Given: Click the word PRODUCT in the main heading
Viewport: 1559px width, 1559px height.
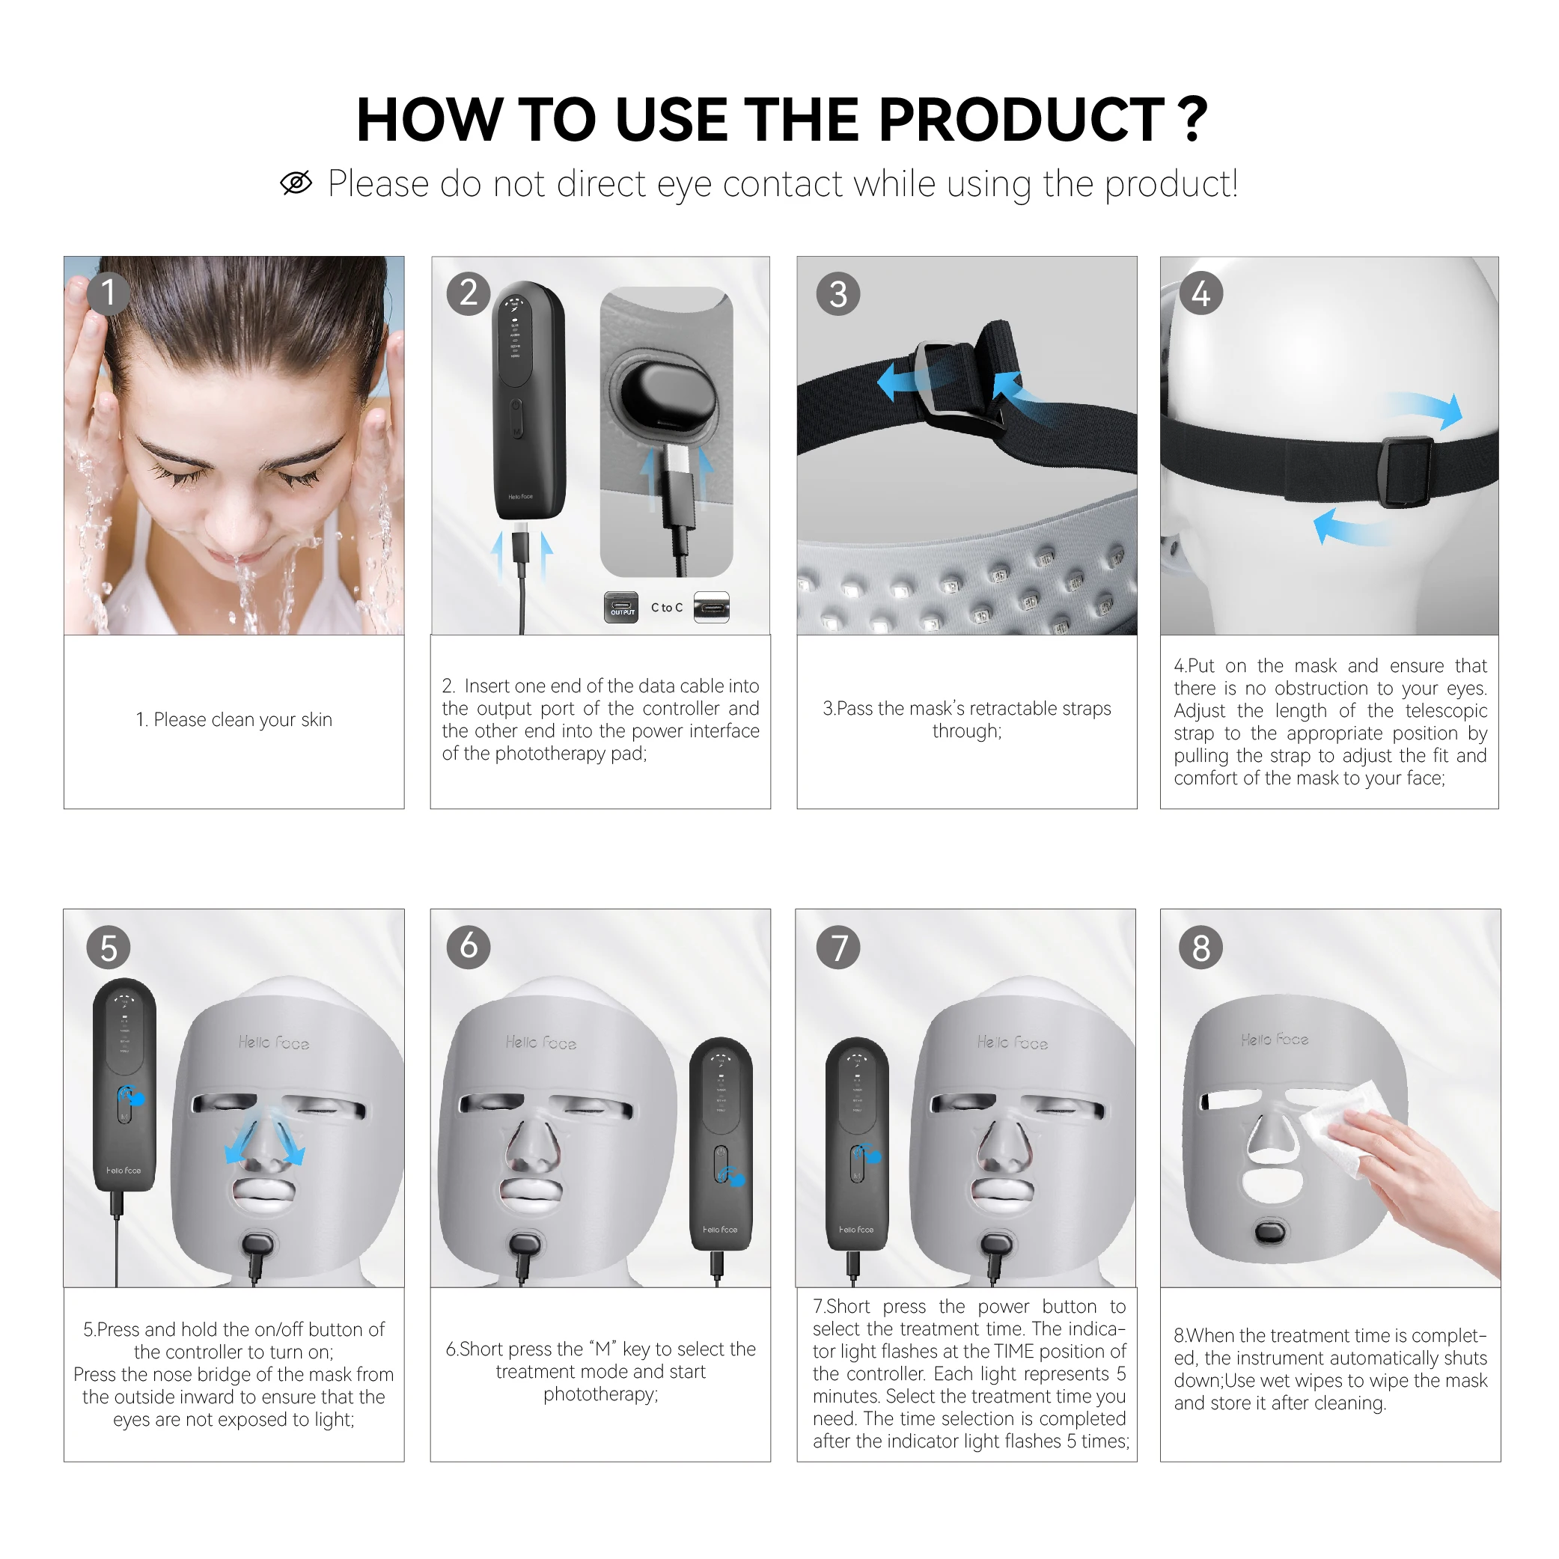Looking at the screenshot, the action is click(x=1021, y=120).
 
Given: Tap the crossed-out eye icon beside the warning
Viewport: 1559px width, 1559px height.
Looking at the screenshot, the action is click(x=296, y=183).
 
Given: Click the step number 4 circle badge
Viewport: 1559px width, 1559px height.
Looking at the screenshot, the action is click(x=1200, y=293).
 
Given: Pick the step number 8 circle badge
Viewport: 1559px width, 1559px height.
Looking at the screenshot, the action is click(x=1200, y=948).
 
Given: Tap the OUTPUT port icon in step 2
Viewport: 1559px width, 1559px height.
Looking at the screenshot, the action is click(x=621, y=608).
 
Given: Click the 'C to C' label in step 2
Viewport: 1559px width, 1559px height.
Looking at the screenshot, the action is click(x=667, y=608).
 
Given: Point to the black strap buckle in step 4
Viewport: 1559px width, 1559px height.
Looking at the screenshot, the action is click(x=1407, y=472).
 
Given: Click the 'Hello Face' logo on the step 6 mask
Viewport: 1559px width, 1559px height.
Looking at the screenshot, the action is click(x=540, y=1043).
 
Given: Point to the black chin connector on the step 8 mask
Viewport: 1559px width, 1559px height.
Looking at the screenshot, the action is click(x=1270, y=1232).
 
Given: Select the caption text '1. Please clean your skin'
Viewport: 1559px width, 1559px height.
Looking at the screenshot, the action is click(x=234, y=719).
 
